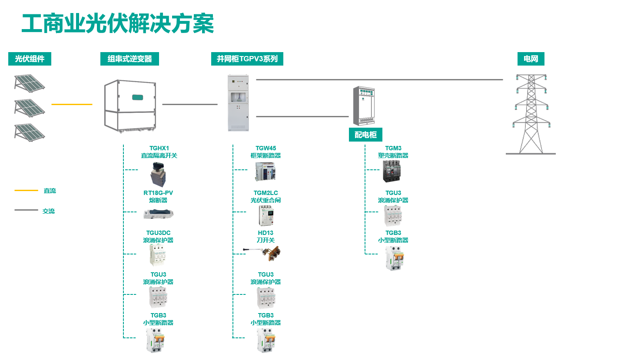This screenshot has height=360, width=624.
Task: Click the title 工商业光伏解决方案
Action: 118,24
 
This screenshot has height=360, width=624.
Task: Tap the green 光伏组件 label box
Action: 30,59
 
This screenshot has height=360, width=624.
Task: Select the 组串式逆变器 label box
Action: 129,59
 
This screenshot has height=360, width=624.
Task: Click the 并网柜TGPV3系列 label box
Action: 247,59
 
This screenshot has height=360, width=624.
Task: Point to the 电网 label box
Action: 531,59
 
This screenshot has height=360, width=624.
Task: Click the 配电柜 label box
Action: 365,135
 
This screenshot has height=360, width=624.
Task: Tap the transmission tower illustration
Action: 530,114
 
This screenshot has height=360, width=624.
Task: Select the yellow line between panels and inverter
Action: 72,104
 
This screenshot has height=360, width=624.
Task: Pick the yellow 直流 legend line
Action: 26,190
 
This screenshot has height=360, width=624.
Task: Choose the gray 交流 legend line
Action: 26,210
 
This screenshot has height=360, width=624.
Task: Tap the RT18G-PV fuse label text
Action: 158,196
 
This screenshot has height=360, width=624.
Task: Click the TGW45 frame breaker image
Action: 266,172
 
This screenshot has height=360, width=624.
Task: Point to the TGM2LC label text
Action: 266,193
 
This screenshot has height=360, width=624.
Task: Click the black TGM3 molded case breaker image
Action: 393,171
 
